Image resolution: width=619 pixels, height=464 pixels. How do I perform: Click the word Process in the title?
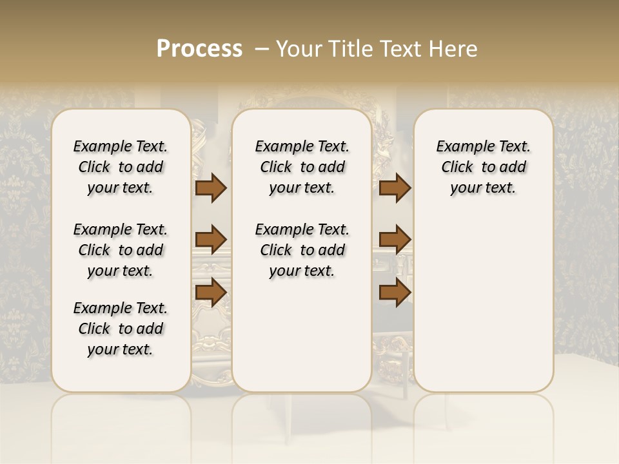pos(199,49)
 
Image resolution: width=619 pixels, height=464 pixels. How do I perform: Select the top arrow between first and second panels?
pos(211,188)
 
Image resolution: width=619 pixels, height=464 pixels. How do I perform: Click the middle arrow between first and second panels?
pos(211,240)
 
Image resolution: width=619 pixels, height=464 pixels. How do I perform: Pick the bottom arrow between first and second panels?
pos(211,292)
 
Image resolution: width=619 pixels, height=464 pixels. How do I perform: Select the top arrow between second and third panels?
pos(395,188)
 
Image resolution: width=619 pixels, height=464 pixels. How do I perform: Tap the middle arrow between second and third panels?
pos(395,240)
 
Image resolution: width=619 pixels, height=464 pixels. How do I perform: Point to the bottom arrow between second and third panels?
pos(395,292)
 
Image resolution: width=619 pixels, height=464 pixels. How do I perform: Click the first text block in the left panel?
pos(121,167)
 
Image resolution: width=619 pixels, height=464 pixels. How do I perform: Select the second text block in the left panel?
pos(121,250)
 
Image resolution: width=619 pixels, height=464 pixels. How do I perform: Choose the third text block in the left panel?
pos(121,329)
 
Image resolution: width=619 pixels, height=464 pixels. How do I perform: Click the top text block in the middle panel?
pos(302,167)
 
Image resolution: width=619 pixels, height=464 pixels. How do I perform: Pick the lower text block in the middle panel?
pos(302,250)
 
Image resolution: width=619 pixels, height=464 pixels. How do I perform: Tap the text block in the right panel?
pos(483,167)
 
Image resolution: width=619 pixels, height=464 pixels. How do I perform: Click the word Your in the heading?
pos(301,49)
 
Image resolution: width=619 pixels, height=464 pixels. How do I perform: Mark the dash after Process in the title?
pos(262,49)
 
